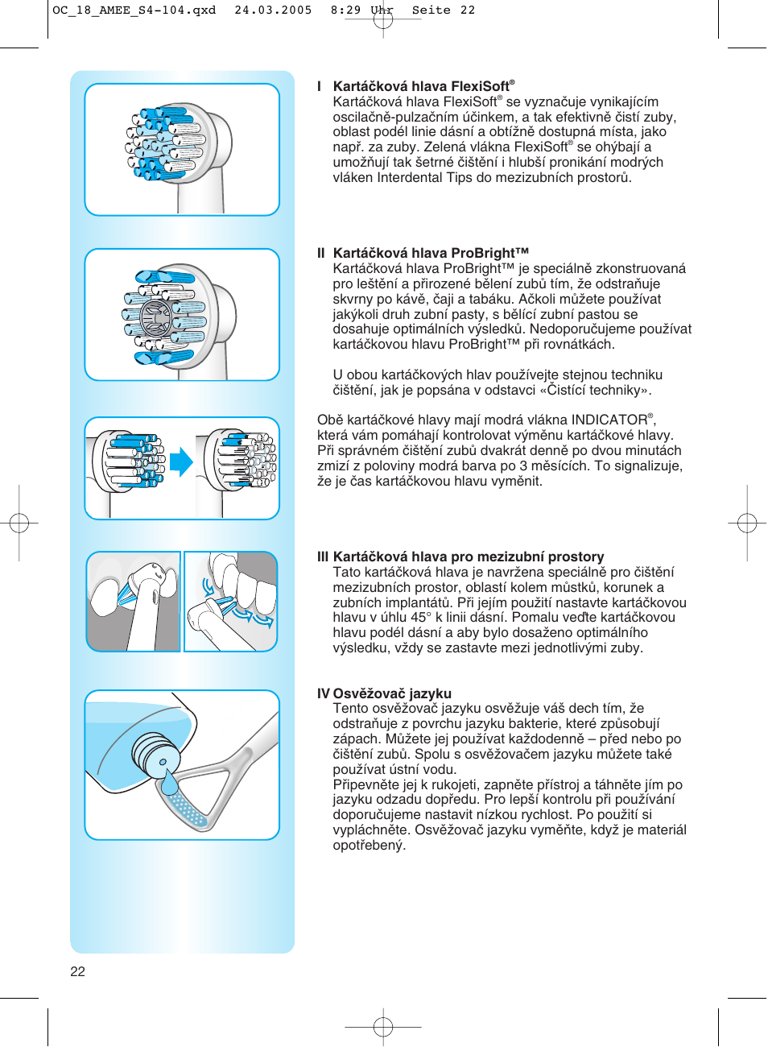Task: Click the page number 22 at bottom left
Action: click(x=77, y=971)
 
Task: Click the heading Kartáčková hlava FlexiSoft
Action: click(x=423, y=86)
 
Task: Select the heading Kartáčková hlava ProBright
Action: click(x=431, y=253)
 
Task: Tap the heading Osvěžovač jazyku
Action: click(x=392, y=693)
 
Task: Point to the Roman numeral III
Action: click(x=323, y=557)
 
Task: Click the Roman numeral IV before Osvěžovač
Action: click(x=323, y=693)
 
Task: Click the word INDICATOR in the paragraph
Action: click(x=609, y=420)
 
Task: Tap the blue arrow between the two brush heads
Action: click(x=181, y=462)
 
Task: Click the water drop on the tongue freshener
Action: click(x=170, y=782)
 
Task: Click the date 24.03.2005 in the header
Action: click(x=273, y=10)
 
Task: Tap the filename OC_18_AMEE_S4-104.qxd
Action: click(x=134, y=10)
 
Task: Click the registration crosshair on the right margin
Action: click(x=746, y=523)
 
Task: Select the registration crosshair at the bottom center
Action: click(x=383, y=1026)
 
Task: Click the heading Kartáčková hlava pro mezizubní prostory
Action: click(x=468, y=557)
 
